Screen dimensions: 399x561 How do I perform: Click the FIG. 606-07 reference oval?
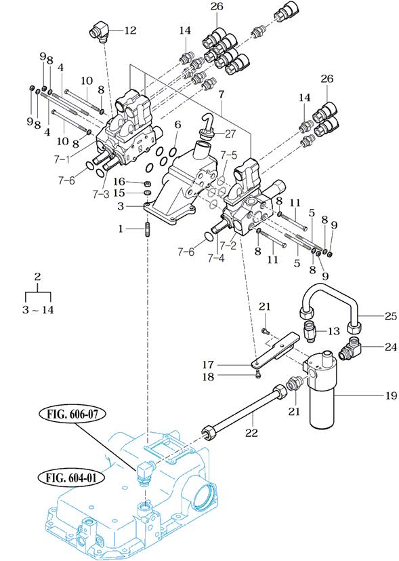(x=72, y=414)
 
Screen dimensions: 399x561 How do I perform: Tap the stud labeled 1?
(x=147, y=229)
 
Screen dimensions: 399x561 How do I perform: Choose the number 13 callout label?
(x=333, y=331)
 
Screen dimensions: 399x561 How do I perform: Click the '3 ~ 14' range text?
(x=38, y=309)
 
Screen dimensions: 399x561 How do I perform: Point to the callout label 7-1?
(x=62, y=159)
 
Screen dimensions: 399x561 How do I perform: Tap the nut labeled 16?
(x=146, y=184)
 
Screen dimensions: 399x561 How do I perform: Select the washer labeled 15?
(x=146, y=193)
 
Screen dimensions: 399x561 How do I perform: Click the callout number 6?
(x=177, y=125)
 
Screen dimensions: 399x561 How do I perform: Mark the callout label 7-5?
(x=228, y=155)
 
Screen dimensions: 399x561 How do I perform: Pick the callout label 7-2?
(x=228, y=246)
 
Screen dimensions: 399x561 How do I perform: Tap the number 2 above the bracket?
(x=37, y=276)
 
